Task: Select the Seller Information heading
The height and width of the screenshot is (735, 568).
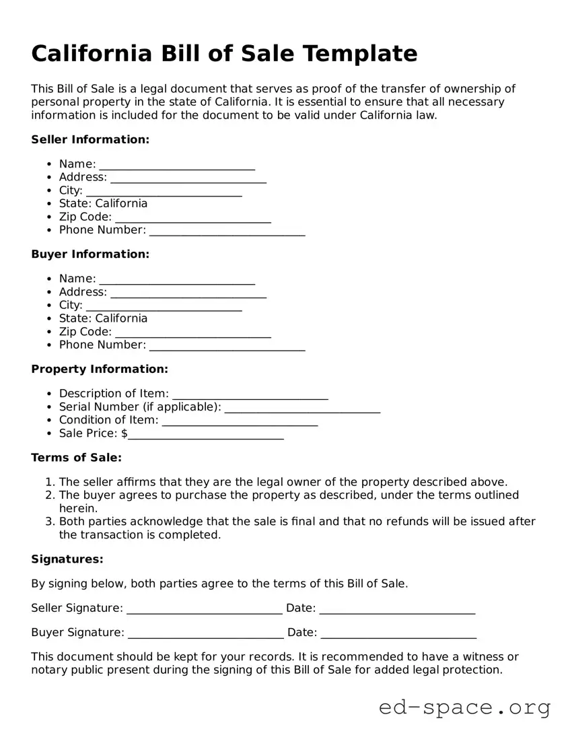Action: tap(90, 139)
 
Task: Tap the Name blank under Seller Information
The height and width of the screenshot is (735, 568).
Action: tap(177, 166)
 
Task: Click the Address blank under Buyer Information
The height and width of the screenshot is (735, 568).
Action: tap(188, 293)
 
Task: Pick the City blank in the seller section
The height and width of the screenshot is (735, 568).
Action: tap(164, 192)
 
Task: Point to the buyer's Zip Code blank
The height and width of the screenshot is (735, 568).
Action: tap(193, 332)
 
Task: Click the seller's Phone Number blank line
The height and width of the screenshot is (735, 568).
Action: tap(227, 232)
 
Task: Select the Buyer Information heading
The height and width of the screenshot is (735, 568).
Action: tap(90, 254)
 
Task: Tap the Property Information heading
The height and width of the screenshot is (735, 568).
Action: tap(100, 369)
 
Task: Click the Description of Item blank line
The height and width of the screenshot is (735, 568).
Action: tap(250, 394)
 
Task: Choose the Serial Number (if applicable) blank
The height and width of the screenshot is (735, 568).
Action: tap(302, 408)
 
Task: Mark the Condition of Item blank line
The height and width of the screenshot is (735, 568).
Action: tap(240, 421)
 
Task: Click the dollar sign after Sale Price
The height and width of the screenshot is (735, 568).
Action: tap(125, 433)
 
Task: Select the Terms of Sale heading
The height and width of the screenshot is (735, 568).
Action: tap(77, 458)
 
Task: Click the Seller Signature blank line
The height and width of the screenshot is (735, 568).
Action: tap(205, 610)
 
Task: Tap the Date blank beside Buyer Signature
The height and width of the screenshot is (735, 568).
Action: tap(398, 634)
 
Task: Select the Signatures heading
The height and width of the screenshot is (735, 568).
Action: tap(67, 559)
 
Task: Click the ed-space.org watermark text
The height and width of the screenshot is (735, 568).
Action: tap(464, 707)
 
